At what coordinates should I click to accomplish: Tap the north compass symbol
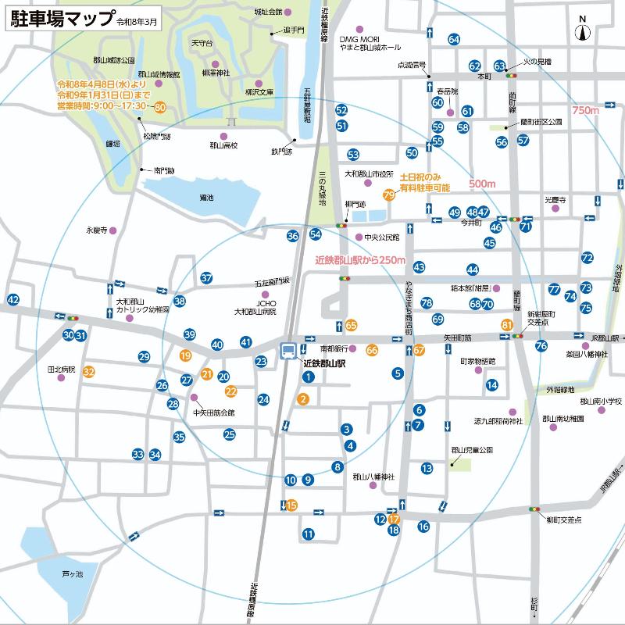(582, 31)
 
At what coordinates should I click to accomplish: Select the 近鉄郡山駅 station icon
(289, 351)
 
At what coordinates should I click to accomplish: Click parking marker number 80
(160, 106)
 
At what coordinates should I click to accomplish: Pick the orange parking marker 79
(388, 195)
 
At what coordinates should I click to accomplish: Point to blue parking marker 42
(12, 299)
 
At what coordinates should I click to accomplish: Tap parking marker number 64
(454, 39)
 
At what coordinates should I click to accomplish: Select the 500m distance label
(482, 184)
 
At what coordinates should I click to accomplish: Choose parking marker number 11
(309, 534)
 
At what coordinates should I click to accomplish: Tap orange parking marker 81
(507, 324)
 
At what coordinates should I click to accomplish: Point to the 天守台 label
(202, 43)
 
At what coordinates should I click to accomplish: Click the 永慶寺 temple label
(96, 230)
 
